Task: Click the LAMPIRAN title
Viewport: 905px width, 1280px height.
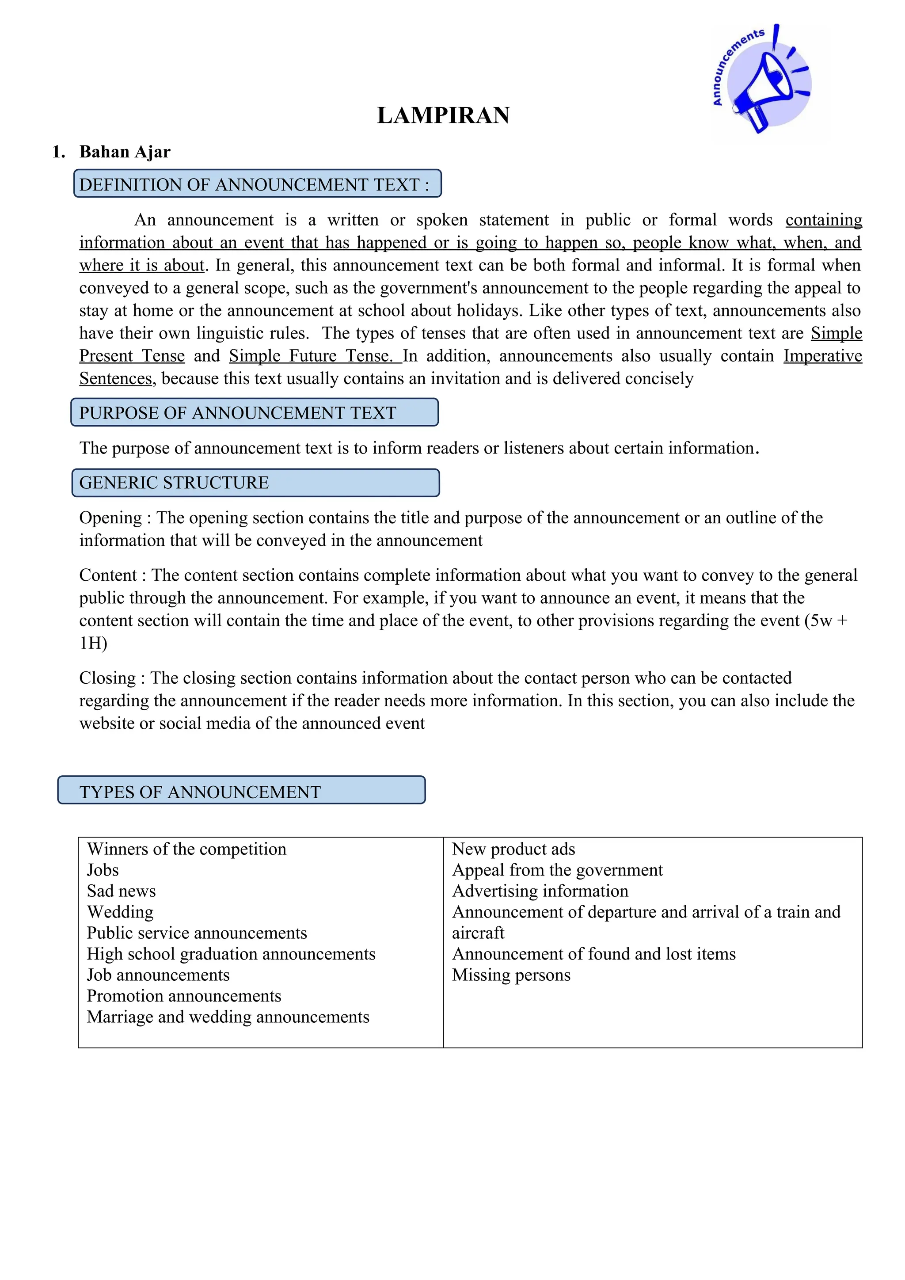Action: [x=443, y=115]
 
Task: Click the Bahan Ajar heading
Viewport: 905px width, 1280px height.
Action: [x=124, y=152]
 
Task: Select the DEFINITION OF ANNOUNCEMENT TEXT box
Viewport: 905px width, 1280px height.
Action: [x=258, y=184]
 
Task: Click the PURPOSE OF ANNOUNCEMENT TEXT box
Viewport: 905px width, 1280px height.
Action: [x=254, y=412]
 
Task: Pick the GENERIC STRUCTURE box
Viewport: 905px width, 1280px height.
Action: [x=255, y=483]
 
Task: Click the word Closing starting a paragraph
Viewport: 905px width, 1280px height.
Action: [x=107, y=678]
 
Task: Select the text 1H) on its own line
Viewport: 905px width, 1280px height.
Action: [x=93, y=644]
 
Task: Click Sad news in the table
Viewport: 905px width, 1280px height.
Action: [x=121, y=891]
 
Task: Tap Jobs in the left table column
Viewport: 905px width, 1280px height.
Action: [x=103, y=870]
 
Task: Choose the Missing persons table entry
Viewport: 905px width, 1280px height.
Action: [x=511, y=975]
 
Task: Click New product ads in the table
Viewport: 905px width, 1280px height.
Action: [x=513, y=849]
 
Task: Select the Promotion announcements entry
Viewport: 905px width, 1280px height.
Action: [x=184, y=996]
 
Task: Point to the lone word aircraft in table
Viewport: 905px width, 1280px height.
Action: [x=478, y=933]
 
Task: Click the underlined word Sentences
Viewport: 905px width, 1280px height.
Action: [x=115, y=378]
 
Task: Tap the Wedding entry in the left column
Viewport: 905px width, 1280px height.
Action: [x=120, y=912]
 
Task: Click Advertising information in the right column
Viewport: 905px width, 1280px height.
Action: [x=540, y=891]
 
